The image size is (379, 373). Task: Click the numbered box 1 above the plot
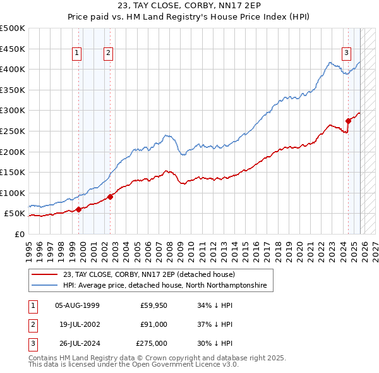tap(76, 54)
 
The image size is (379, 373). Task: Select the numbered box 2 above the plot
tap(109, 54)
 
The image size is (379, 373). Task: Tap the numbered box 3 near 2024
tap(346, 54)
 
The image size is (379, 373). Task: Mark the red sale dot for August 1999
tap(78, 209)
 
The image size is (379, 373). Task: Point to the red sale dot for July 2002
tap(110, 197)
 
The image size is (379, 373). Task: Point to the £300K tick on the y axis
tap(13, 111)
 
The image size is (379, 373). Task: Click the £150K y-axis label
tap(13, 172)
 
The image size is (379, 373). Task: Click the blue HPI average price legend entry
tap(164, 286)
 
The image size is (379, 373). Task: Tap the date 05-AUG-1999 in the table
tap(77, 305)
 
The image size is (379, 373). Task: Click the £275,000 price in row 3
tap(152, 343)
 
